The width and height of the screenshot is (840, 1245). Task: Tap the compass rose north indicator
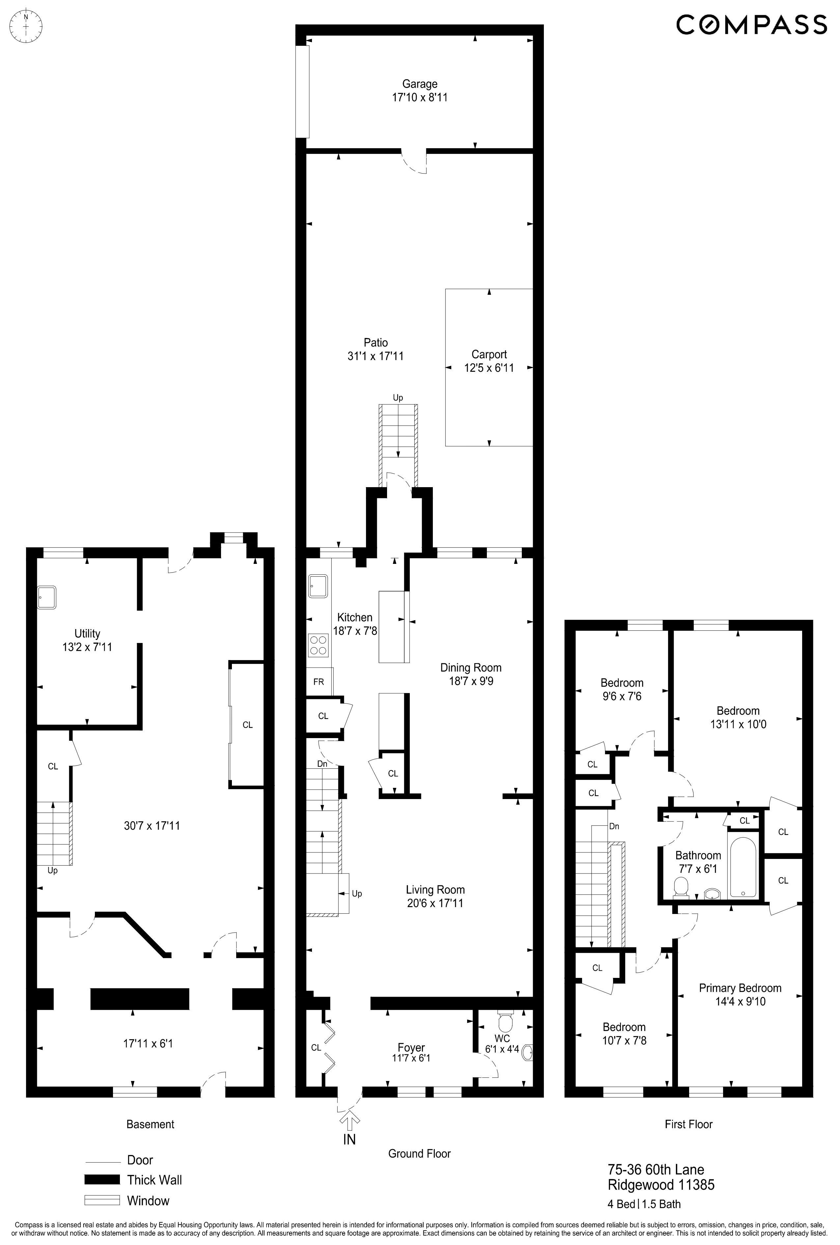(26, 26)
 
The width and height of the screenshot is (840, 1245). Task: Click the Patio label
(376, 343)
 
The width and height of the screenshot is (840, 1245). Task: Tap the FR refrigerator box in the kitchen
(319, 682)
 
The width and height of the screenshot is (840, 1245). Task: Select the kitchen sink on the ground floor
(318, 586)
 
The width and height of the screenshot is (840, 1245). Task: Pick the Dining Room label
(470, 668)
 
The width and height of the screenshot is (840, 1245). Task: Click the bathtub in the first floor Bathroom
(742, 868)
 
